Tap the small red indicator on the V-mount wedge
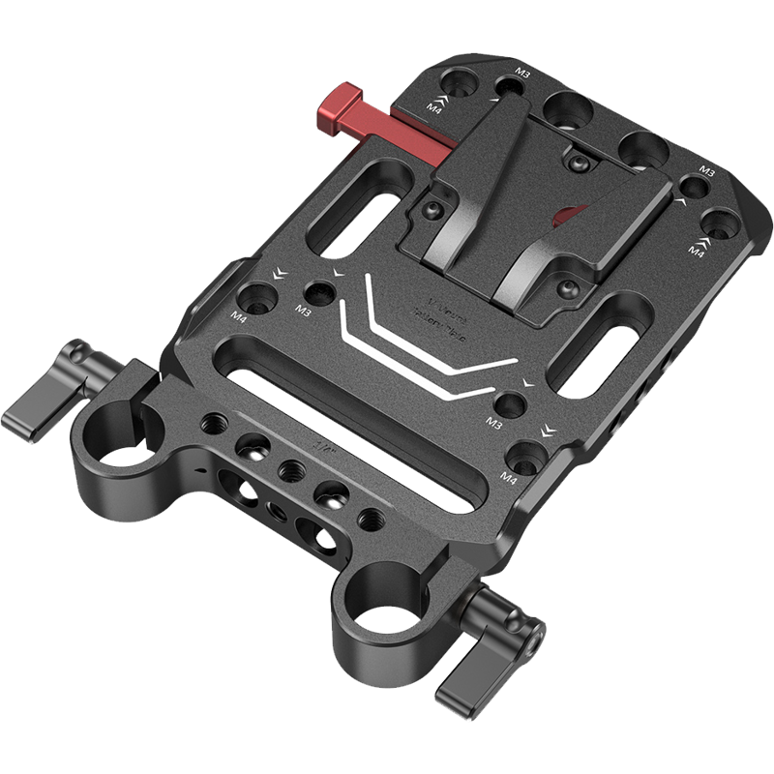point(570,214)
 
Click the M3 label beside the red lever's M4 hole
point(523,73)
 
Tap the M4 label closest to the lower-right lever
point(509,478)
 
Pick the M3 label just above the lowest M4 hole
point(495,423)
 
